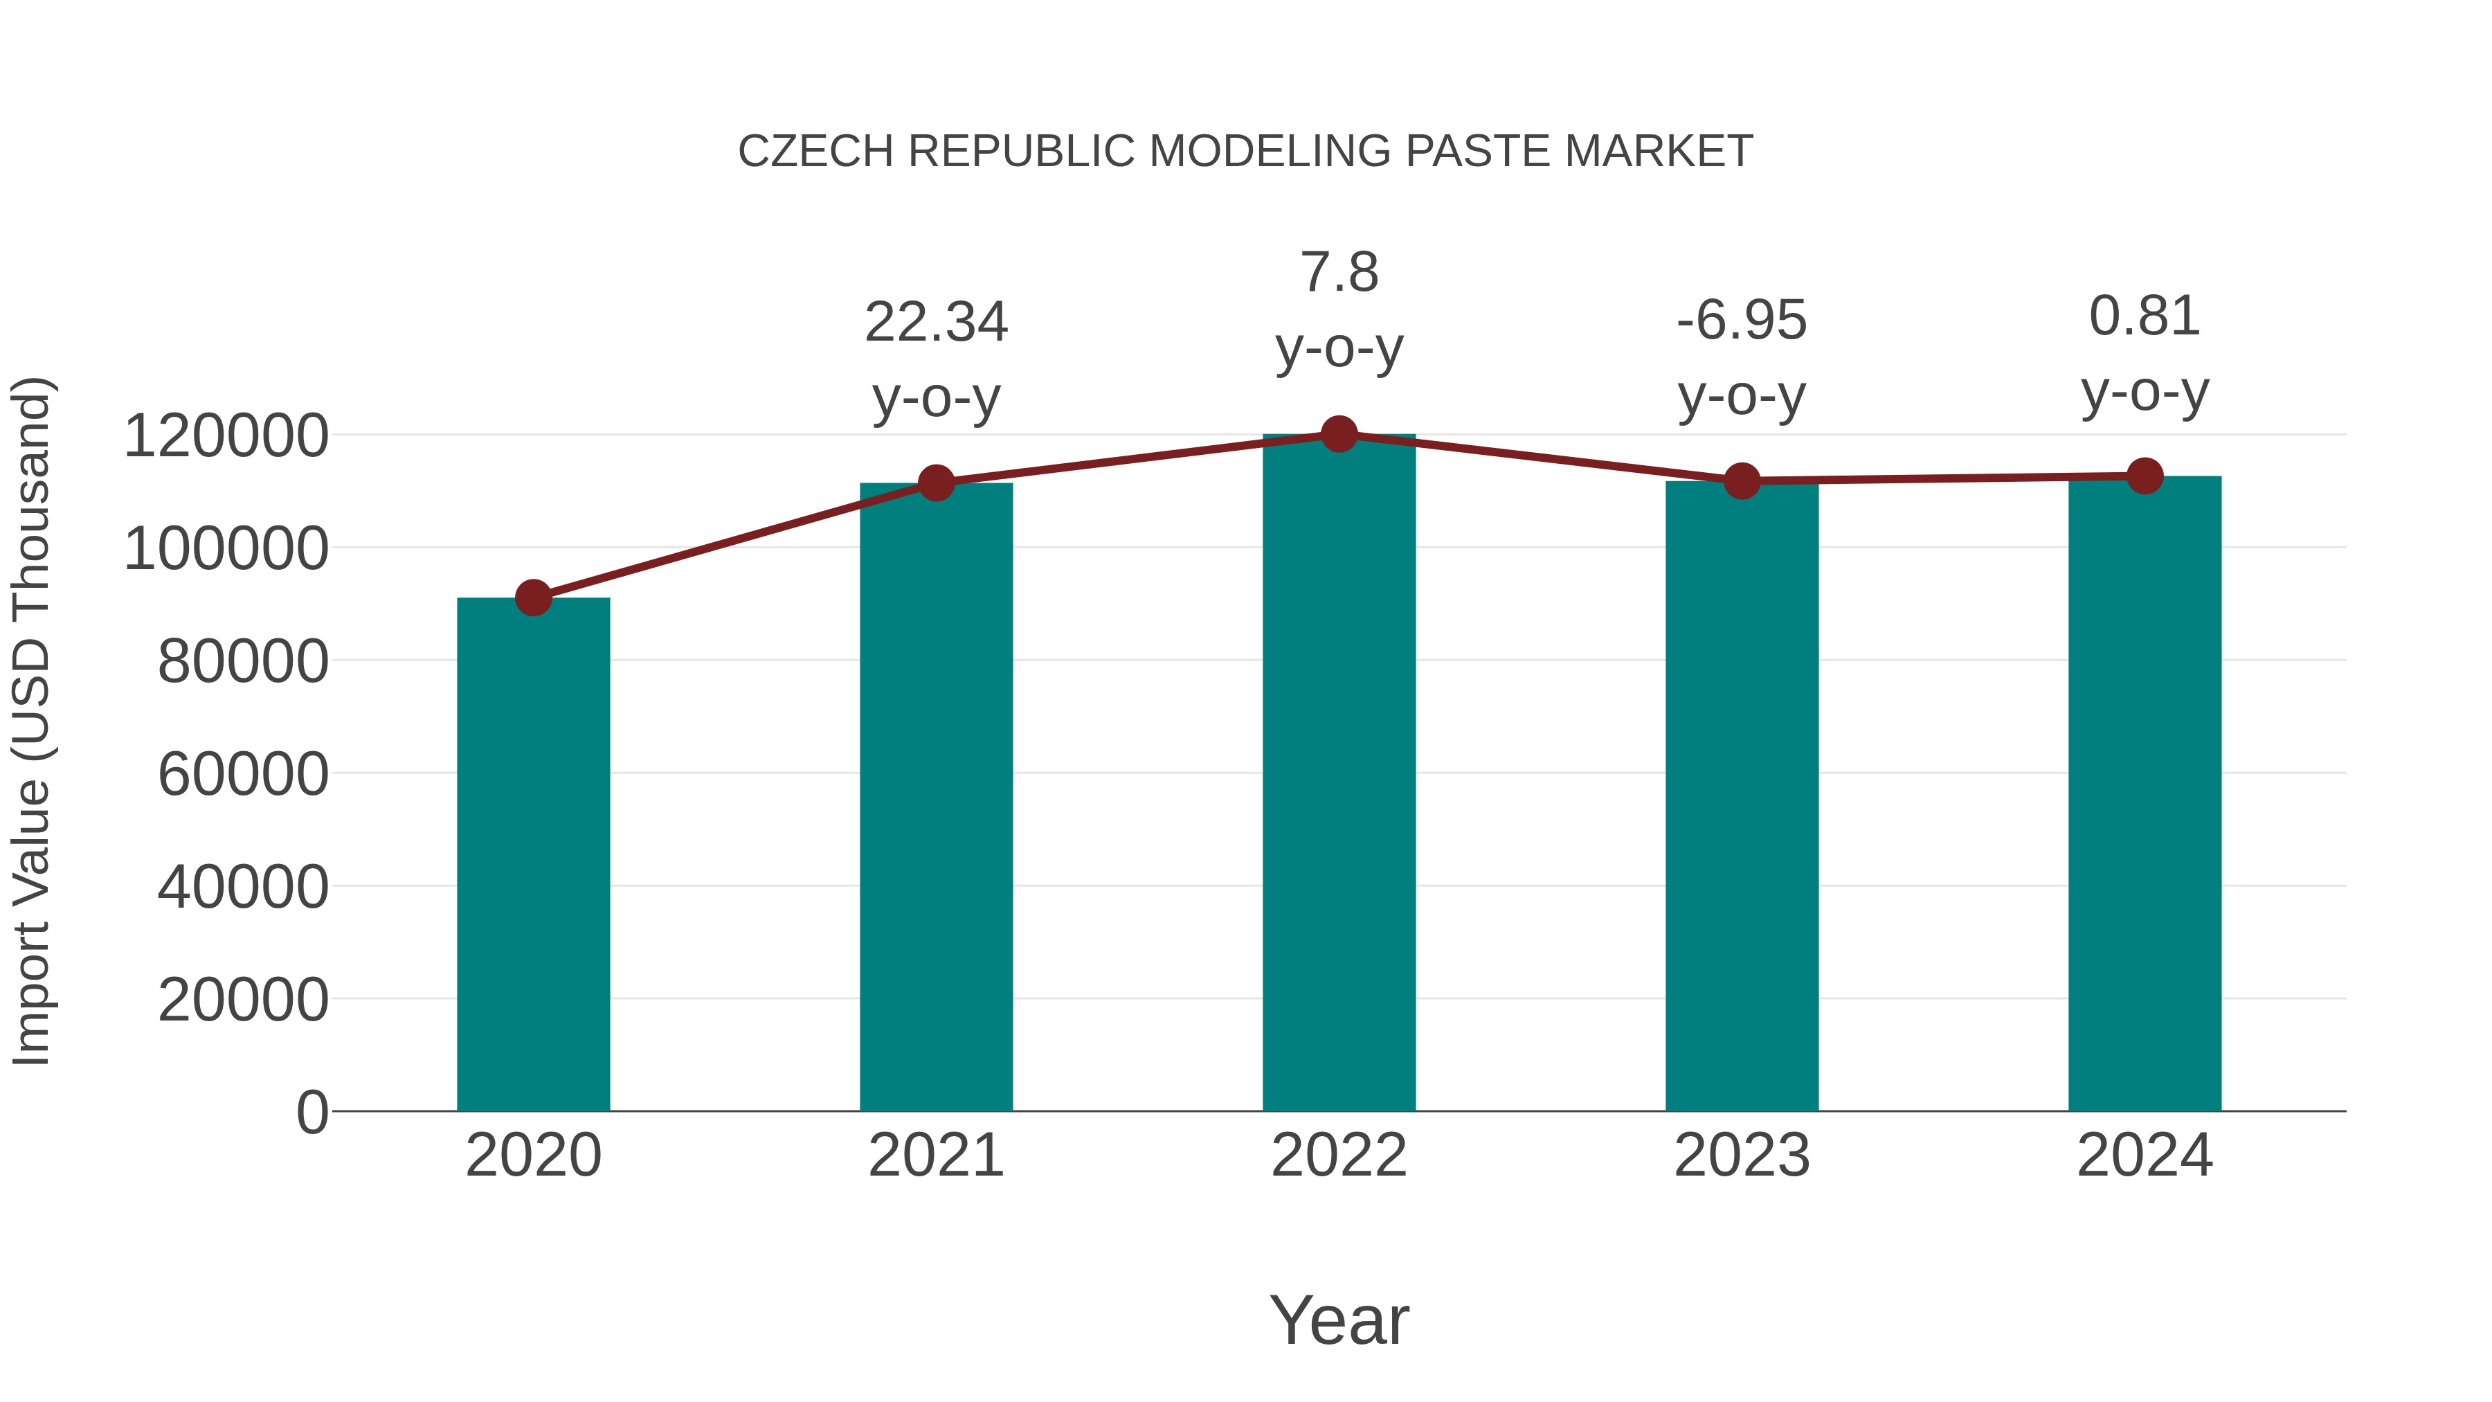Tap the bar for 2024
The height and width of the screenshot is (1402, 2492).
point(2145,793)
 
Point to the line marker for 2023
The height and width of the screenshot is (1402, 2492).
point(1742,481)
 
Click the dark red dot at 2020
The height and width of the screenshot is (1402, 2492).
point(533,598)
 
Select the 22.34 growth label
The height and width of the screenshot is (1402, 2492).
point(935,322)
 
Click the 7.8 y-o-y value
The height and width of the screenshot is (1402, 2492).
point(1339,273)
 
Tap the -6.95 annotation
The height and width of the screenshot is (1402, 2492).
point(1742,321)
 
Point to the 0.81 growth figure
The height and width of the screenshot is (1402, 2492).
point(2145,316)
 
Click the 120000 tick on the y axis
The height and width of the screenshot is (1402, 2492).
point(226,435)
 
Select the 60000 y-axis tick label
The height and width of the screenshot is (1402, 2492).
point(243,774)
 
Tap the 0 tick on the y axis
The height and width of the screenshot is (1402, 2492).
point(312,1112)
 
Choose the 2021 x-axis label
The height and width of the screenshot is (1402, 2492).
point(935,1156)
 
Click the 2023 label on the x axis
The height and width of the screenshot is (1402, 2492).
point(1742,1156)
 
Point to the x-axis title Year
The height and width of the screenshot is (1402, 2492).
point(1339,1320)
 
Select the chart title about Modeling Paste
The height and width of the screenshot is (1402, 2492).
point(1245,152)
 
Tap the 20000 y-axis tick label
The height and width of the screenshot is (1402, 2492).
point(243,1000)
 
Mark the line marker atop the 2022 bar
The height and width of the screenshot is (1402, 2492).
point(1339,434)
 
